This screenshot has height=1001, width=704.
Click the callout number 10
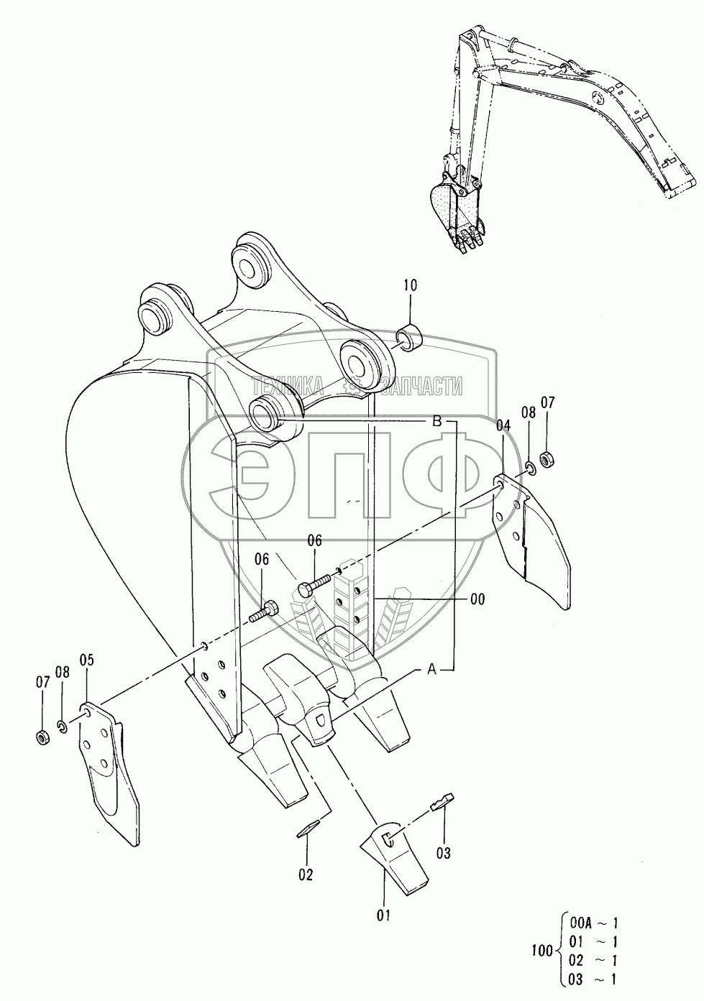click(410, 285)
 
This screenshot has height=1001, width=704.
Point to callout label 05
click(87, 659)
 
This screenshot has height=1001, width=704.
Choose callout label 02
click(306, 875)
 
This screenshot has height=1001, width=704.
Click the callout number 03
click(443, 853)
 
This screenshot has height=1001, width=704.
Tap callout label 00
click(477, 599)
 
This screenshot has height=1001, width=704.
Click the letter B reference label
click(436, 423)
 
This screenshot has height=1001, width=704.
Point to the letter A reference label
click(432, 670)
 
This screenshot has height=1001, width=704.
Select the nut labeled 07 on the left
click(42, 737)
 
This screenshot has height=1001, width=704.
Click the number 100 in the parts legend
click(541, 951)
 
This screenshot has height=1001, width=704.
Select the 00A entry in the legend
click(580, 924)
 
